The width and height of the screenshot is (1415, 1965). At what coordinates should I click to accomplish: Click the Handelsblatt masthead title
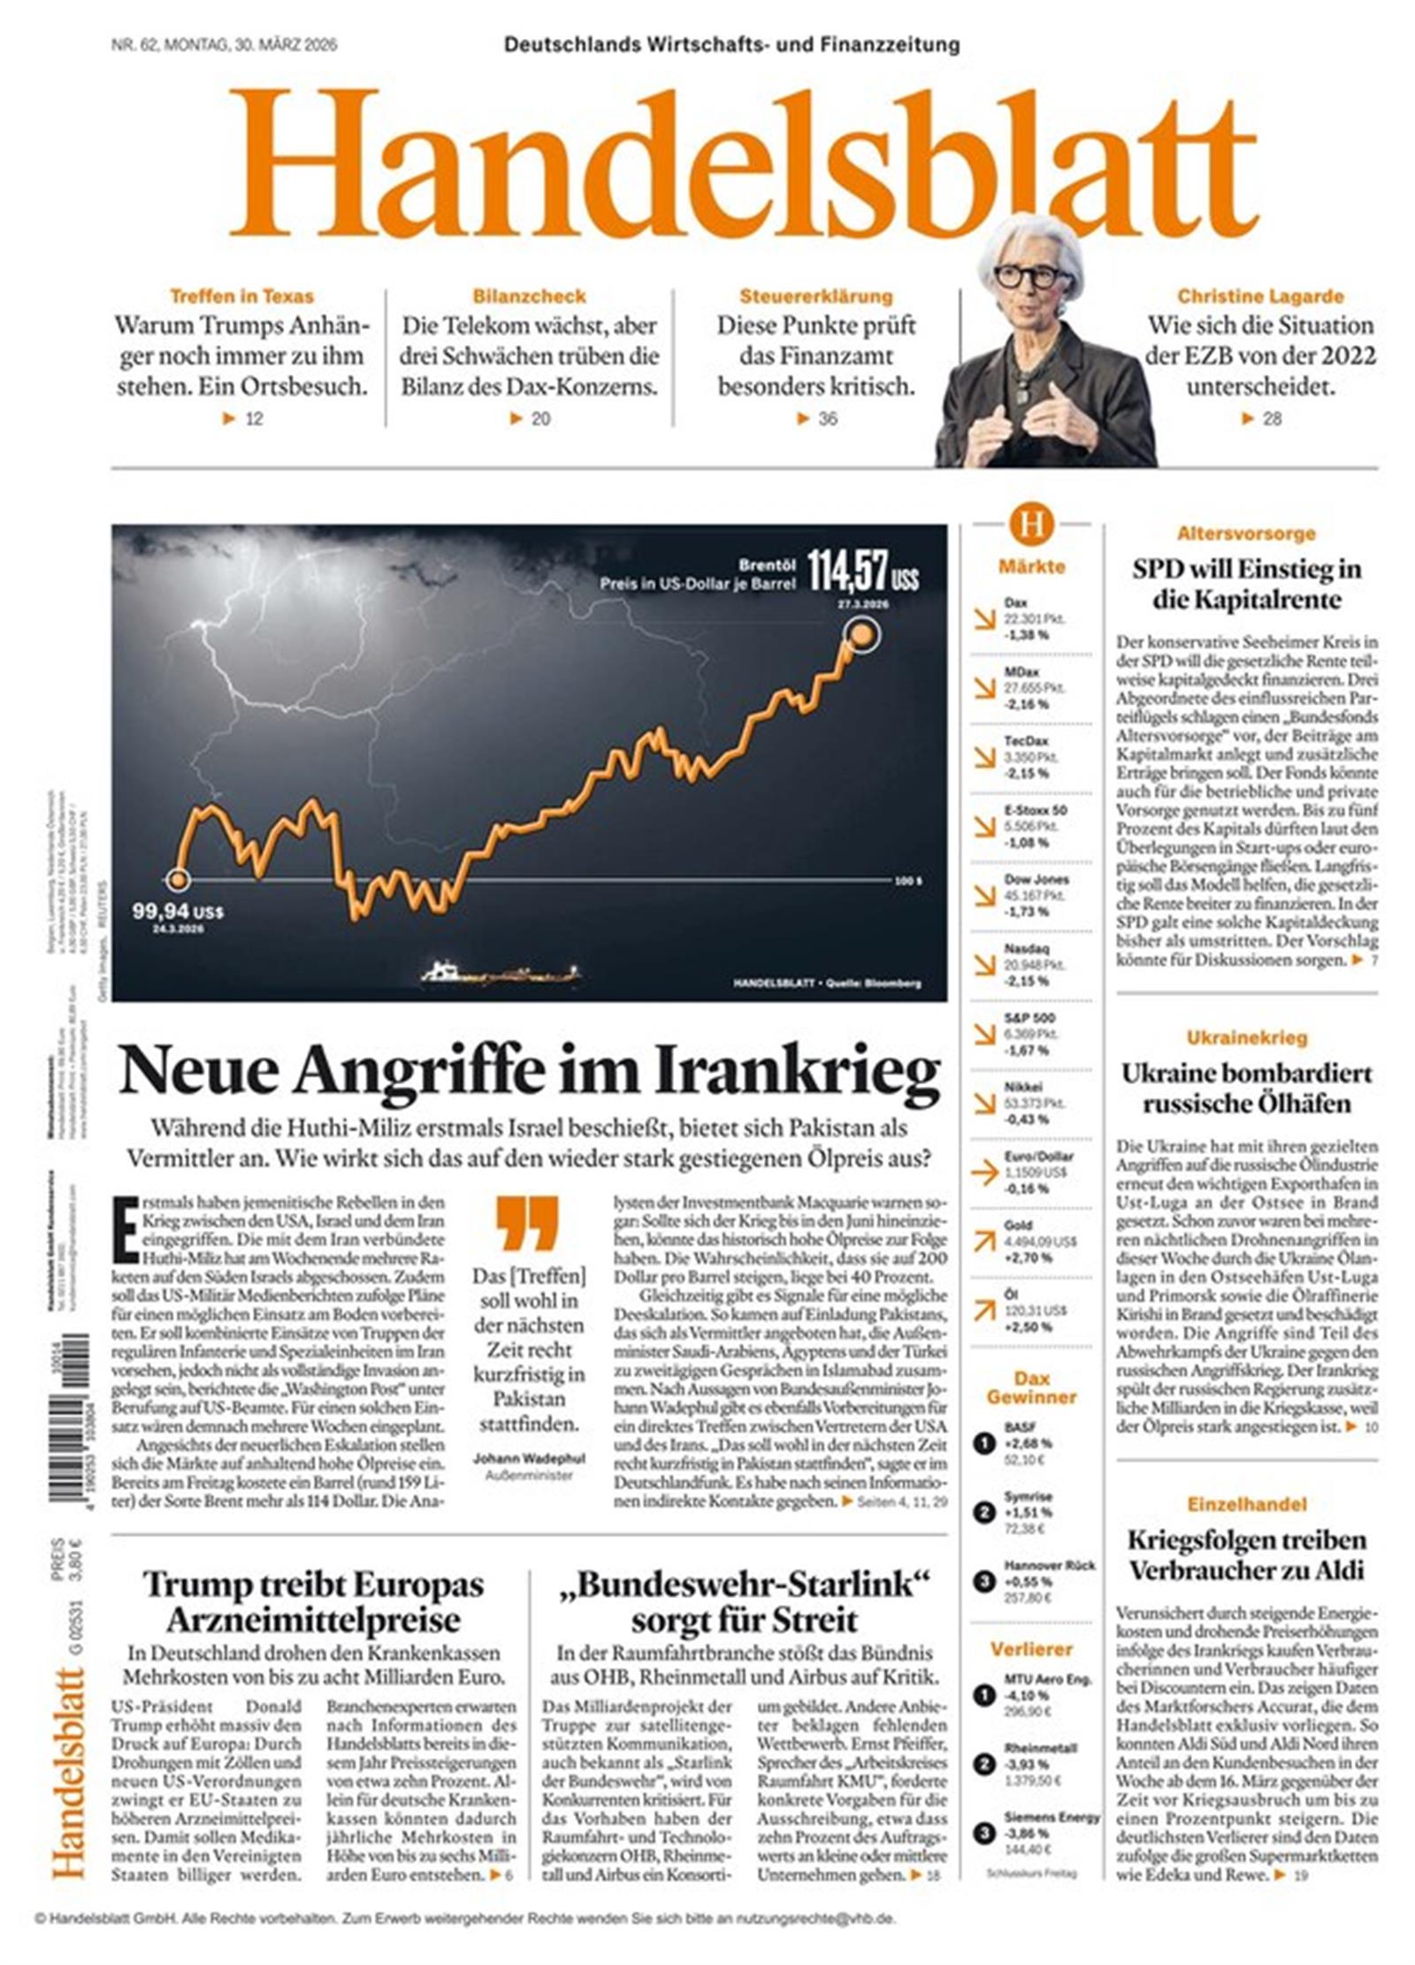tap(741, 168)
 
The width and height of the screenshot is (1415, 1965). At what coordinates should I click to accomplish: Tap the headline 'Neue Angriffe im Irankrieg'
tap(529, 1071)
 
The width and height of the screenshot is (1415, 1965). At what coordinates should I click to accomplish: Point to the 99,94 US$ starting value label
tap(177, 912)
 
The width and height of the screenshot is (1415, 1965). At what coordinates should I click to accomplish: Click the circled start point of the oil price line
tap(179, 879)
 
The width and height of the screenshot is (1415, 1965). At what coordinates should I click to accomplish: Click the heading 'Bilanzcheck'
tap(529, 296)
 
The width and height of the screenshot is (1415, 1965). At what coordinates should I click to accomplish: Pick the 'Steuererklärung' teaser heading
tap(815, 296)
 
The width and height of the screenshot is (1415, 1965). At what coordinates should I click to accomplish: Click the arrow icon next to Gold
tap(983, 1242)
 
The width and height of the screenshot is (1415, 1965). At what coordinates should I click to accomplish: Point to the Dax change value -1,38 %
tap(1027, 635)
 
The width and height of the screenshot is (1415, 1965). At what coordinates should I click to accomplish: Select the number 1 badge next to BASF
tap(984, 1445)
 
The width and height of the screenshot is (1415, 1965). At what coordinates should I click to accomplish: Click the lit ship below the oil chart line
tap(501, 973)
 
